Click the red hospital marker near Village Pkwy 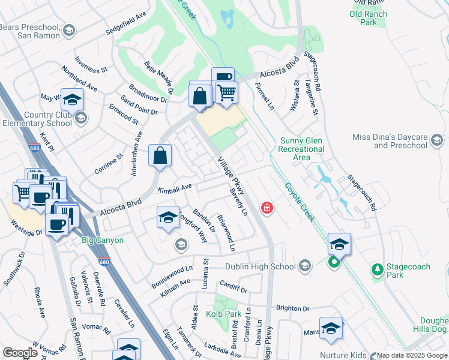(x=267, y=208)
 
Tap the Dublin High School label (x=261, y=266)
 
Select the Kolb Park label (x=223, y=314)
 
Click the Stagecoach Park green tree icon (x=377, y=270)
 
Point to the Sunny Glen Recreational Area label (x=303, y=149)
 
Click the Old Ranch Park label (x=369, y=18)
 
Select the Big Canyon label (x=103, y=241)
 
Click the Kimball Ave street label (x=174, y=188)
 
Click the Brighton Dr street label (x=292, y=308)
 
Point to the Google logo (x=20, y=353)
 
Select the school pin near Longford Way (x=169, y=217)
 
